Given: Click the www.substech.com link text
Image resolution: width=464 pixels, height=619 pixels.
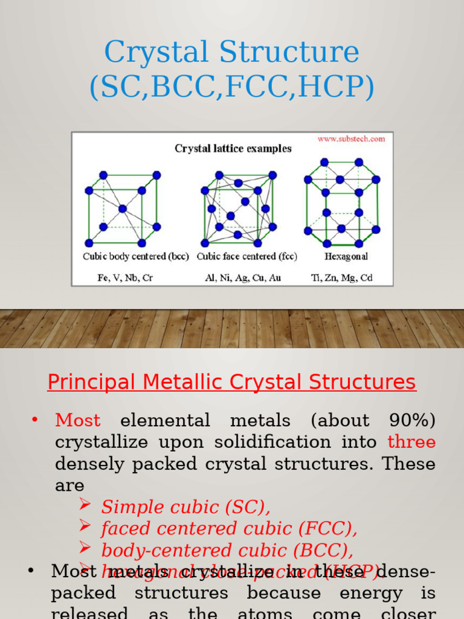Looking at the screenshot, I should point(351,138).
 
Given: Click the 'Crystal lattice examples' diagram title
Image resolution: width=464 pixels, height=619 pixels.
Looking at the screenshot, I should point(233,148).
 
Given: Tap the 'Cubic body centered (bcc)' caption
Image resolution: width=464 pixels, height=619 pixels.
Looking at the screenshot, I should point(132,256).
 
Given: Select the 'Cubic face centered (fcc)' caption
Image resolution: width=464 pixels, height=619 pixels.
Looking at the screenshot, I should point(247,256).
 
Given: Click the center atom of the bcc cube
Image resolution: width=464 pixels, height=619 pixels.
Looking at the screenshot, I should point(123,209).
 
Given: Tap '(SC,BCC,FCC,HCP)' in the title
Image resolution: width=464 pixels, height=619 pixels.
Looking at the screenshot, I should point(232,88).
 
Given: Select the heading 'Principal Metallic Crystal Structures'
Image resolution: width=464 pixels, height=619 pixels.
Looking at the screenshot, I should point(232,382).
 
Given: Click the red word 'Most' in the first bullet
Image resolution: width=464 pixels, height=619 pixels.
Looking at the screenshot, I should point(78,420).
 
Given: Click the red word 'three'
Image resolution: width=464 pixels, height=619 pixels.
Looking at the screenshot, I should point(411,442).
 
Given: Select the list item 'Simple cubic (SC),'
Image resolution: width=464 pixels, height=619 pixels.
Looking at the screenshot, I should point(186,507).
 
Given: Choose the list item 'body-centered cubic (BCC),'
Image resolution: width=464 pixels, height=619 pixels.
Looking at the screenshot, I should point(227,550).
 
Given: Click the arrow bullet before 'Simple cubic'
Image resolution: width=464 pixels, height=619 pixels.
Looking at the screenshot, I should point(85,505).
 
